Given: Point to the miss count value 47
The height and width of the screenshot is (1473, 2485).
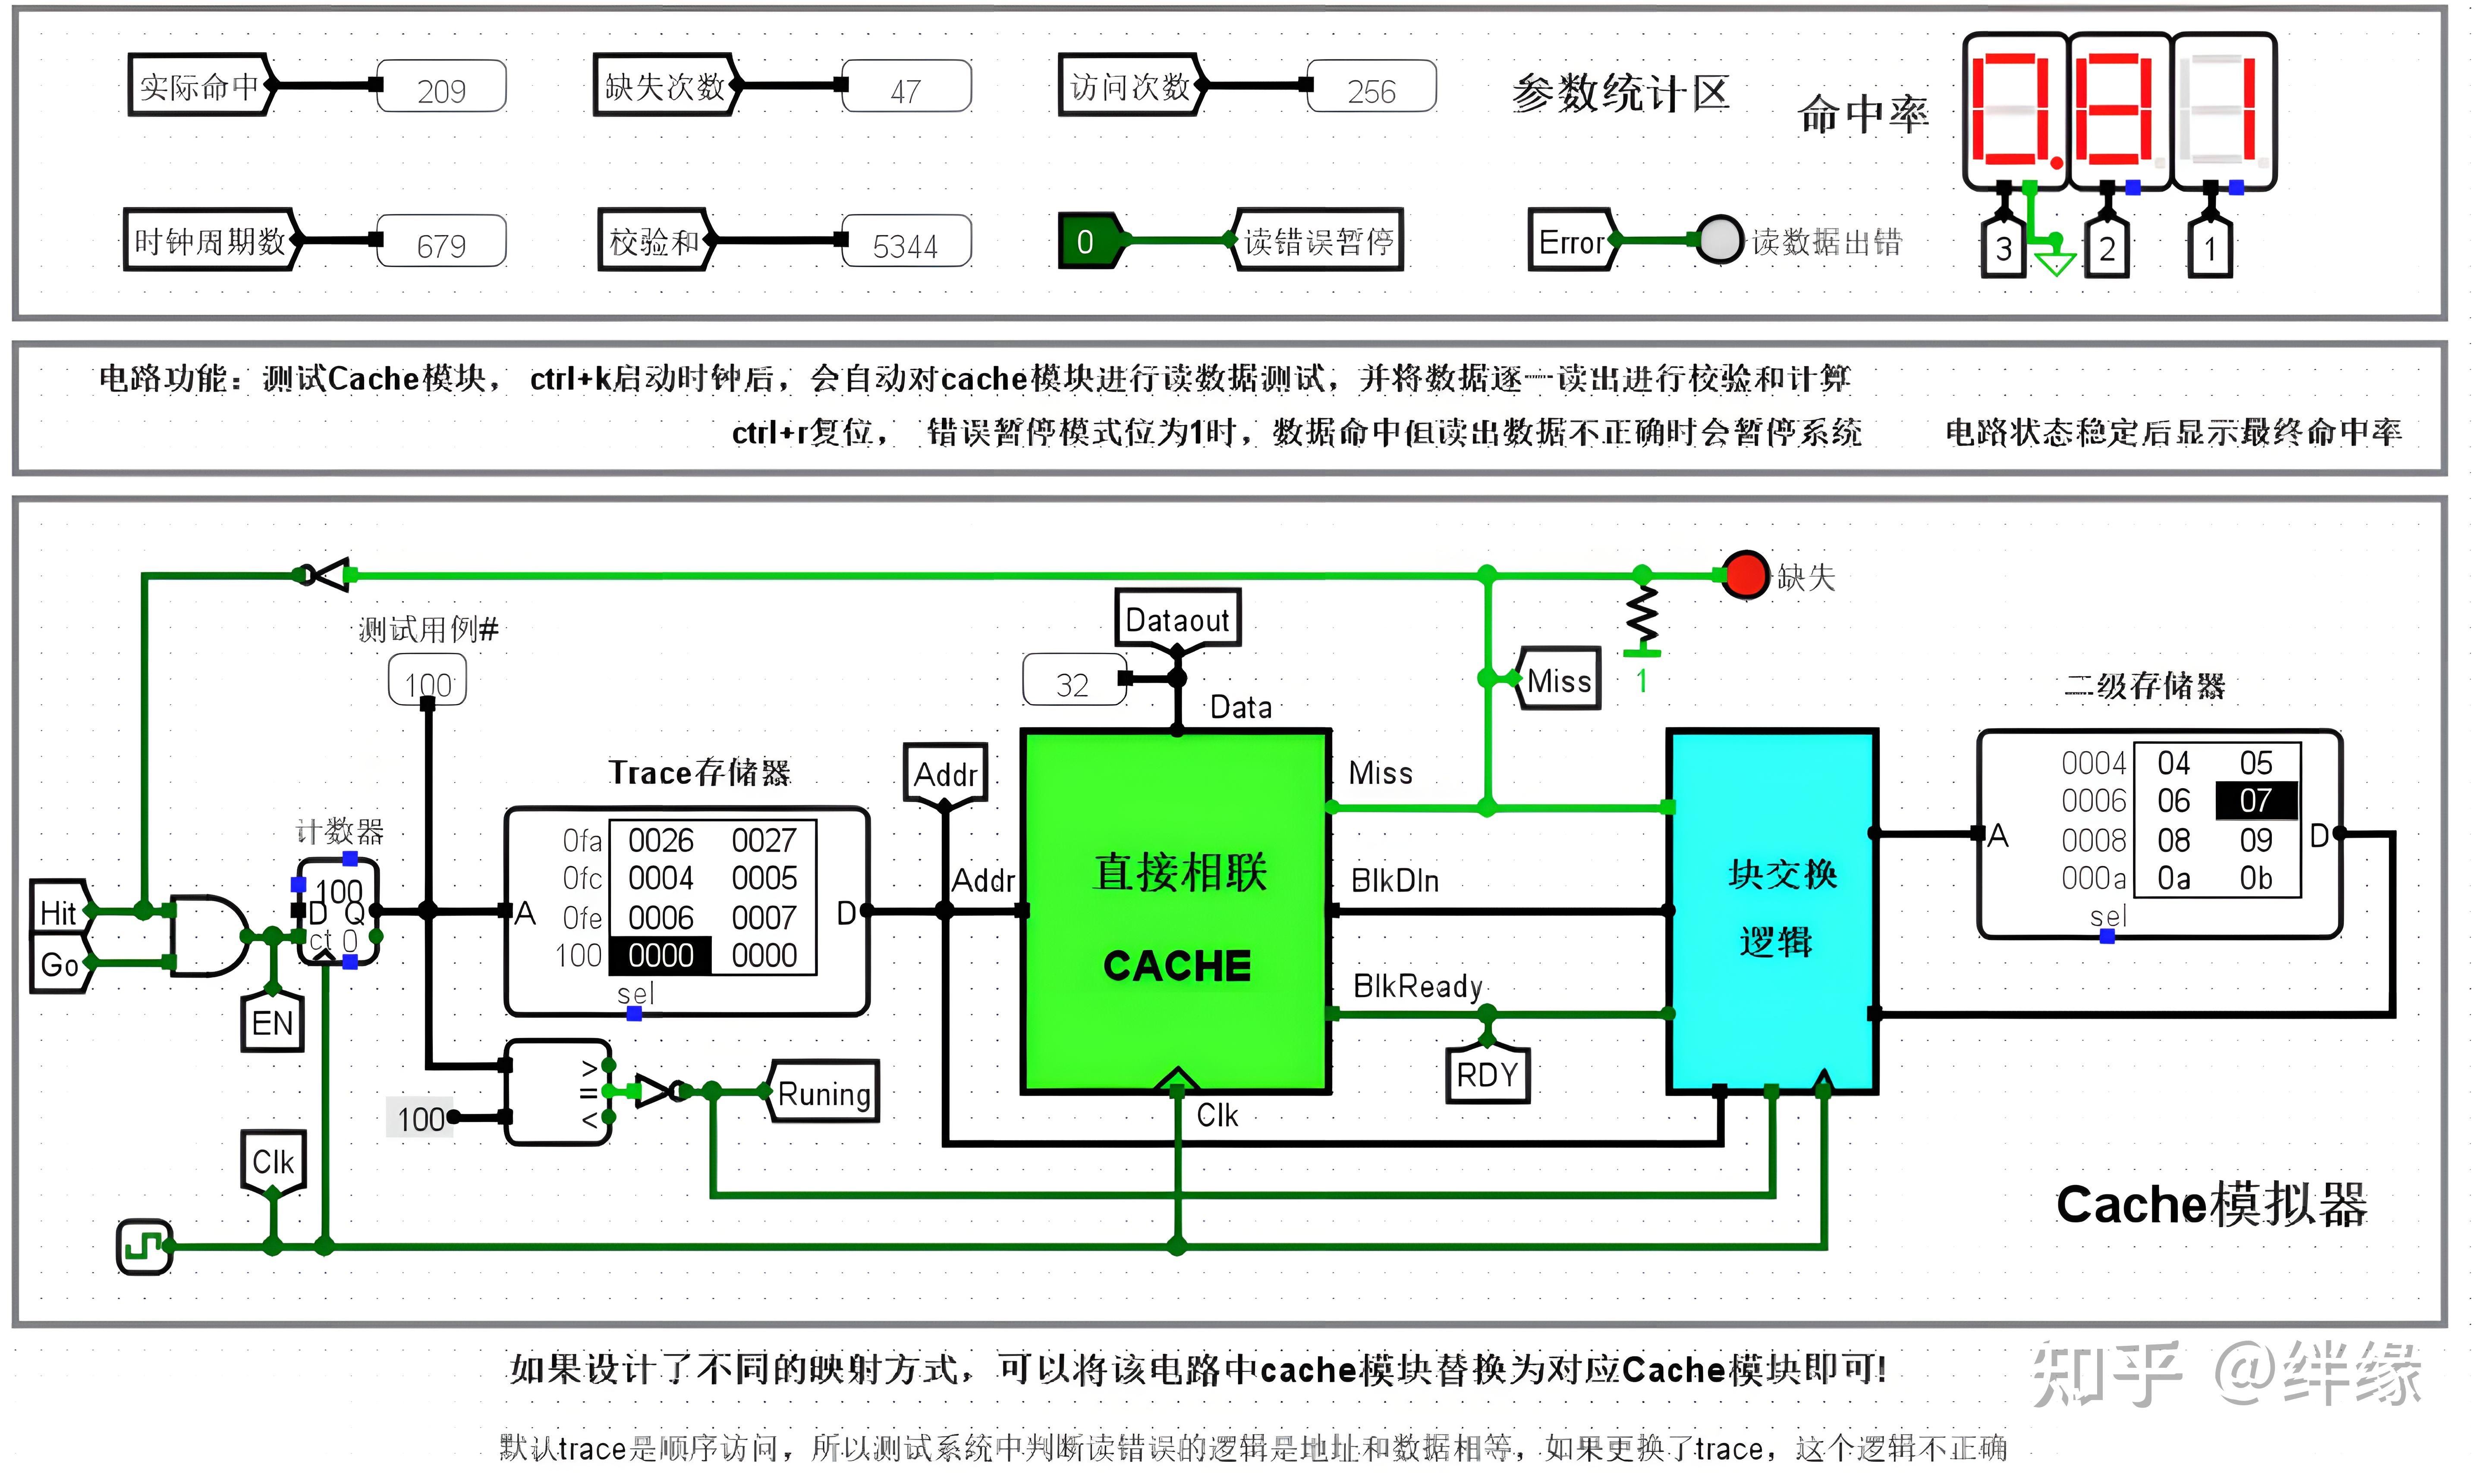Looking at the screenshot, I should click(x=906, y=90).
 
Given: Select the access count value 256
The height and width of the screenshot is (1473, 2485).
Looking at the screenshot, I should click(x=1371, y=90).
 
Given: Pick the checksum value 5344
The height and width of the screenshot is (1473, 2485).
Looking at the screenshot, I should click(x=906, y=245).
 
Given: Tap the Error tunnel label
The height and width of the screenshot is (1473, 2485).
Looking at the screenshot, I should click(x=1571, y=241).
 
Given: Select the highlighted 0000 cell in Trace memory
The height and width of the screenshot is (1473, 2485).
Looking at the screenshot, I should click(x=660, y=955).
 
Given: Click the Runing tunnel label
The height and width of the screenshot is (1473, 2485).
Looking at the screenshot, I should click(x=823, y=1093).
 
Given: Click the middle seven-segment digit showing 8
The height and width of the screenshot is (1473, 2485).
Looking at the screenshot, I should click(x=2118, y=109).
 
